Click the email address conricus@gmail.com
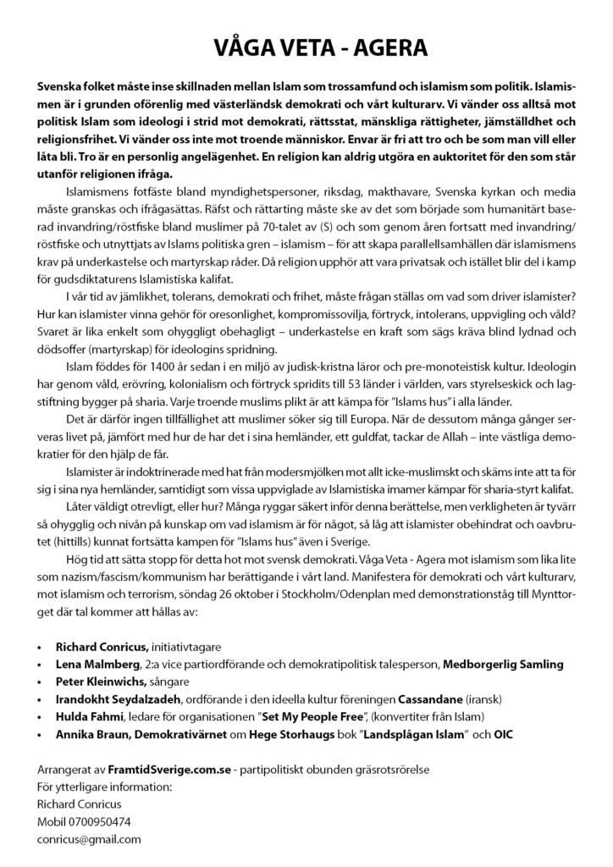pyautogui.click(x=89, y=839)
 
